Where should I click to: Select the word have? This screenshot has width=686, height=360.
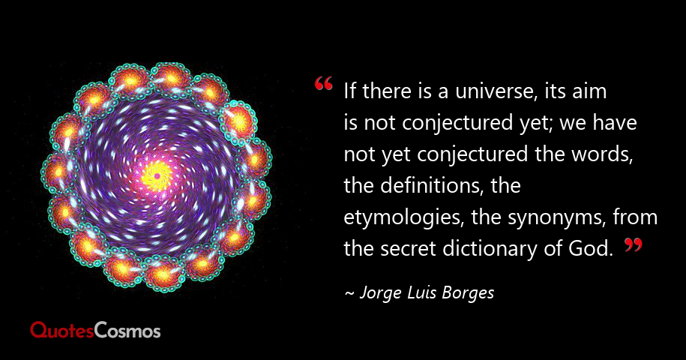(620, 124)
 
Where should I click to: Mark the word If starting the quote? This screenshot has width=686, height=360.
(350, 94)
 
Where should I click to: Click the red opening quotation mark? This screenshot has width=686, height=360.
(324, 84)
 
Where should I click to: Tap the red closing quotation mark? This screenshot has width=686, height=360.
(633, 244)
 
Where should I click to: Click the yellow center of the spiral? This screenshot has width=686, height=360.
(157, 176)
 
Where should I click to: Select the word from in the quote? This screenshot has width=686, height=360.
(635, 218)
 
